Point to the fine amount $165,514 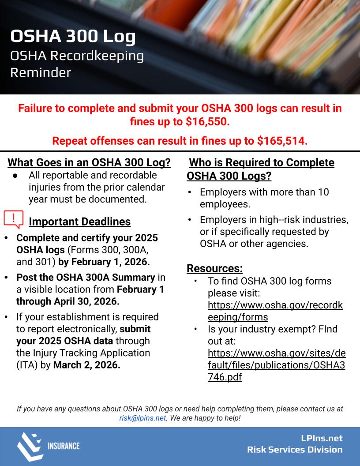282,141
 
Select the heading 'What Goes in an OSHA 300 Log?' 89,162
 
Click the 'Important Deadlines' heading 79,222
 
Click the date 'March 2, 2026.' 87,365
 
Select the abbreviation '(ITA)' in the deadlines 28,365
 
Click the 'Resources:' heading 214,268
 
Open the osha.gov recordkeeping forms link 275,311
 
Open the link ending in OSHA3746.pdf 276,365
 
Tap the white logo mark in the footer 30,446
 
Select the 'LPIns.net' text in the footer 320,439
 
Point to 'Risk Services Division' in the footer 295,450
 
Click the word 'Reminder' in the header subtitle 41,72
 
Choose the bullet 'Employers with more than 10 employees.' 264,198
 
